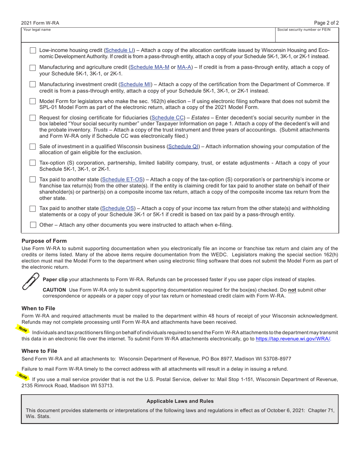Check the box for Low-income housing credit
coord(33,50)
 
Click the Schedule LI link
coord(119,50)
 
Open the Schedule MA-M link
coord(150,67)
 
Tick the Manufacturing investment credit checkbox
coord(33,84)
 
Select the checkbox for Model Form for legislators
coord(33,102)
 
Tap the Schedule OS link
coord(118,208)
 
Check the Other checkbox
coord(33,225)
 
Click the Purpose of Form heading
coord(44,241)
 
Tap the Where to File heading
coord(39,351)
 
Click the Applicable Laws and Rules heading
coord(180,401)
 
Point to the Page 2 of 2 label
coord(326,23)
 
